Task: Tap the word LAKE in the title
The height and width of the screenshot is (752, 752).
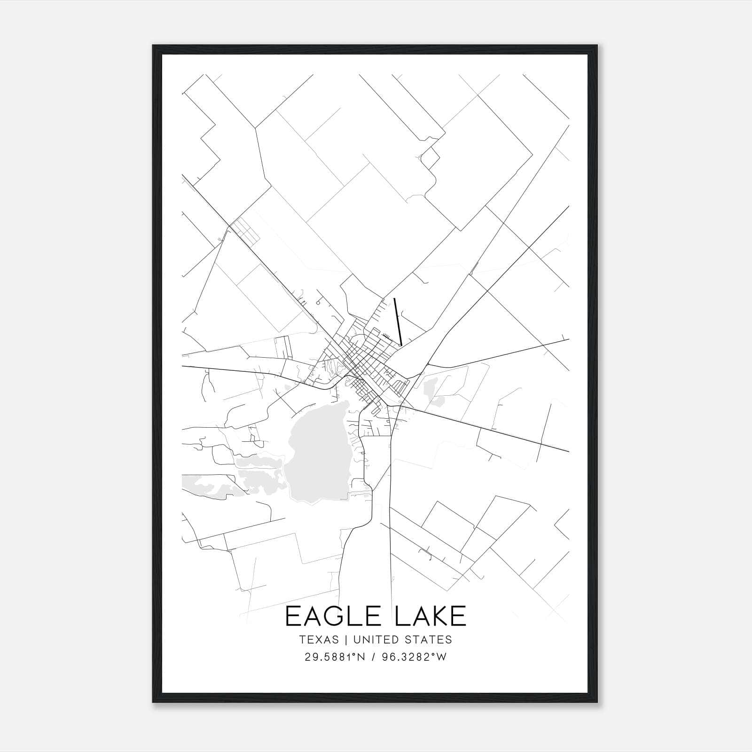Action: point(431,617)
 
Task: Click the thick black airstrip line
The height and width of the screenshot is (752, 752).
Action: point(398,322)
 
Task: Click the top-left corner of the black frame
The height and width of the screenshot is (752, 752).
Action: point(153,46)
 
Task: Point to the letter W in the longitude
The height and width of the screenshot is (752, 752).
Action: point(441,657)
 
